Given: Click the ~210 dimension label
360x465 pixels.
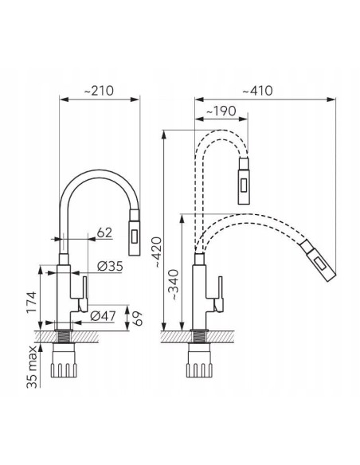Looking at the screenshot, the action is pos(99,91).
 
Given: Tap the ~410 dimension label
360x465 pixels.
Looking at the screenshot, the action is pos(258,91).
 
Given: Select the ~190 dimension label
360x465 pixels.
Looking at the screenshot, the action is pos(221,111).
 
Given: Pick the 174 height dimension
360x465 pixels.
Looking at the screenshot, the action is pos(31,302).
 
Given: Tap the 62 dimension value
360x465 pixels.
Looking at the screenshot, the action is pos(104,232).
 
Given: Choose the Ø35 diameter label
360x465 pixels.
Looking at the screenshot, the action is pos(110,266).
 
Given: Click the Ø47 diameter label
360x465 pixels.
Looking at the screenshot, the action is pos(103,316).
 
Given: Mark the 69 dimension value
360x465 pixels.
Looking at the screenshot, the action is pos(137,318).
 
